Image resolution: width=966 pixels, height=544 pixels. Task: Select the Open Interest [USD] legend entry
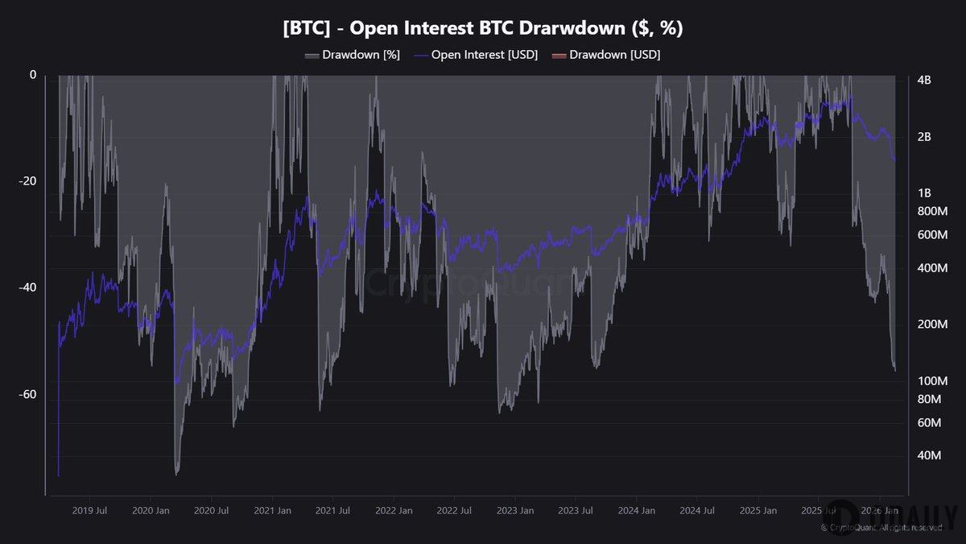(x=476, y=55)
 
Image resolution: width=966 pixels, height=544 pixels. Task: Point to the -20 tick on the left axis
(x=28, y=181)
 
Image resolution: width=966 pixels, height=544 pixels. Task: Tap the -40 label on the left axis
(x=28, y=288)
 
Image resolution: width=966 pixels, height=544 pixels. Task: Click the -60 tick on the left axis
(x=28, y=394)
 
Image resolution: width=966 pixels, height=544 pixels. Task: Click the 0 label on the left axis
(x=33, y=75)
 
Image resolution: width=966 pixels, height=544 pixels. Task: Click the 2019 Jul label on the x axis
(x=91, y=510)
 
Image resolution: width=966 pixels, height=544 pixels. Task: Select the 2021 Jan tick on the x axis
(x=273, y=510)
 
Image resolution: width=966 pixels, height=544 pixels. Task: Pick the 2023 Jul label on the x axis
(x=576, y=510)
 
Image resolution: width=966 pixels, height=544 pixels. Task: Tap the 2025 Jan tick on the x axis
(x=758, y=510)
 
